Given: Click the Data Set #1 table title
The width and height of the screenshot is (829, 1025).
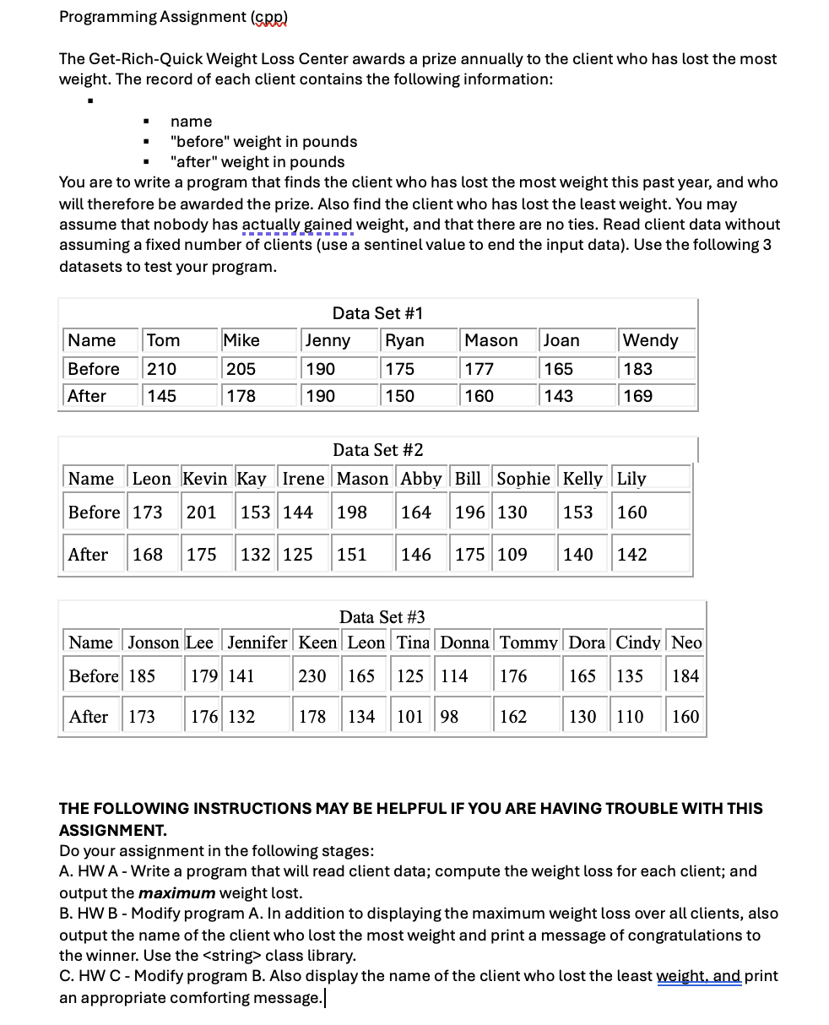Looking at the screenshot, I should point(377,313).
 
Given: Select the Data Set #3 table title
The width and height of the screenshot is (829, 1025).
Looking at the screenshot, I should point(382,617).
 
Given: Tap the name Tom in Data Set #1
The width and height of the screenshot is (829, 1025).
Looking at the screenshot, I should point(163,340).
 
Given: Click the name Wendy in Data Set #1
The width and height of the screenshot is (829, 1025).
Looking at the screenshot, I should point(650,340).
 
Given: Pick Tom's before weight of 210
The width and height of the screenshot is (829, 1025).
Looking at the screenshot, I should point(161,369).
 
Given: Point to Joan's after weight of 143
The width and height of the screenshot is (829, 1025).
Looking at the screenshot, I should point(558,396).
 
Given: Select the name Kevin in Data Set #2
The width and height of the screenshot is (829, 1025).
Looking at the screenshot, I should point(205,479).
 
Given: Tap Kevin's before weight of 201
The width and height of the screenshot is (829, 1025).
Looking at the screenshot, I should point(201,512).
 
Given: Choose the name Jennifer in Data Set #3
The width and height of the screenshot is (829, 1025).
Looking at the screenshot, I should point(257,643).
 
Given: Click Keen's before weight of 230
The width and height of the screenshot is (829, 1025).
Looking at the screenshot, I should point(312,676).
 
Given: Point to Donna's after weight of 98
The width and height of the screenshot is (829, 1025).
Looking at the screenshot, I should point(449,717).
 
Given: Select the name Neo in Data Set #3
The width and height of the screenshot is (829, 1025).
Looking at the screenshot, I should point(686,643).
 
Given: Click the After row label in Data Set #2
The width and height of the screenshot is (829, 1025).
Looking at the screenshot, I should point(88,555).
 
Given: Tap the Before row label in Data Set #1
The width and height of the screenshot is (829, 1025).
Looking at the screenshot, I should point(94,369).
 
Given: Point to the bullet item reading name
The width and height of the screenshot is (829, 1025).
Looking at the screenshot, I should point(192,122).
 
